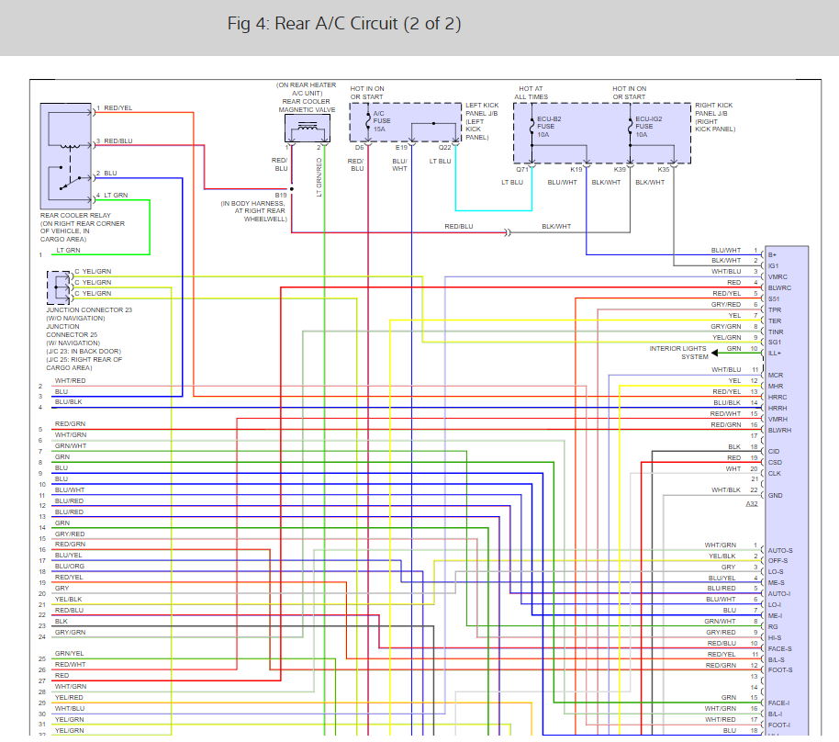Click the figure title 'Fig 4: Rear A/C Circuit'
pyautogui.click(x=344, y=24)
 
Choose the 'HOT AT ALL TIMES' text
pyautogui.click(x=532, y=93)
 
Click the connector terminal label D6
pyautogui.click(x=360, y=147)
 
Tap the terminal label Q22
pyautogui.click(x=444, y=147)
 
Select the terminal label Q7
pyautogui.click(x=521, y=170)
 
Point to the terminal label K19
pyautogui.click(x=576, y=170)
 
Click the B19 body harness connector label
pyautogui.click(x=280, y=195)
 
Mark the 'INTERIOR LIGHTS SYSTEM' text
pyautogui.click(x=679, y=353)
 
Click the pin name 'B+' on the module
pyautogui.click(x=773, y=254)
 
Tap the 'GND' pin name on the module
pyautogui.click(x=776, y=496)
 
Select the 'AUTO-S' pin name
pyautogui.click(x=779, y=550)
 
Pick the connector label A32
pyautogui.click(x=752, y=504)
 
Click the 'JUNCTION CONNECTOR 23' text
pyautogui.click(x=89, y=310)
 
